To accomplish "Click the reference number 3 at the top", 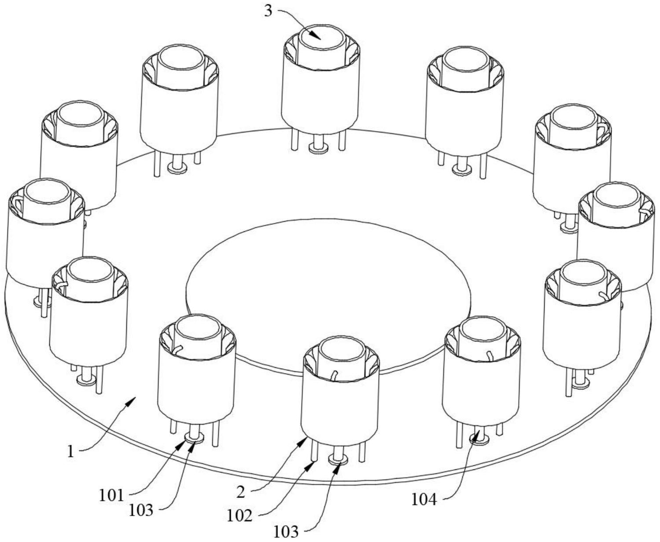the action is (269, 11).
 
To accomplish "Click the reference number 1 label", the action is (71, 452).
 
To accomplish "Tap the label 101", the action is (111, 496).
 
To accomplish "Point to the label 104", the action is (424, 500).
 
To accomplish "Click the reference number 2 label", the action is (241, 493).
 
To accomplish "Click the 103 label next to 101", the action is (141, 510).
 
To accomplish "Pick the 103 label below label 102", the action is (286, 531).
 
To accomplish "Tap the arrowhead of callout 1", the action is (132, 401).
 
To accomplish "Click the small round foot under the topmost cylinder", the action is (318, 146).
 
